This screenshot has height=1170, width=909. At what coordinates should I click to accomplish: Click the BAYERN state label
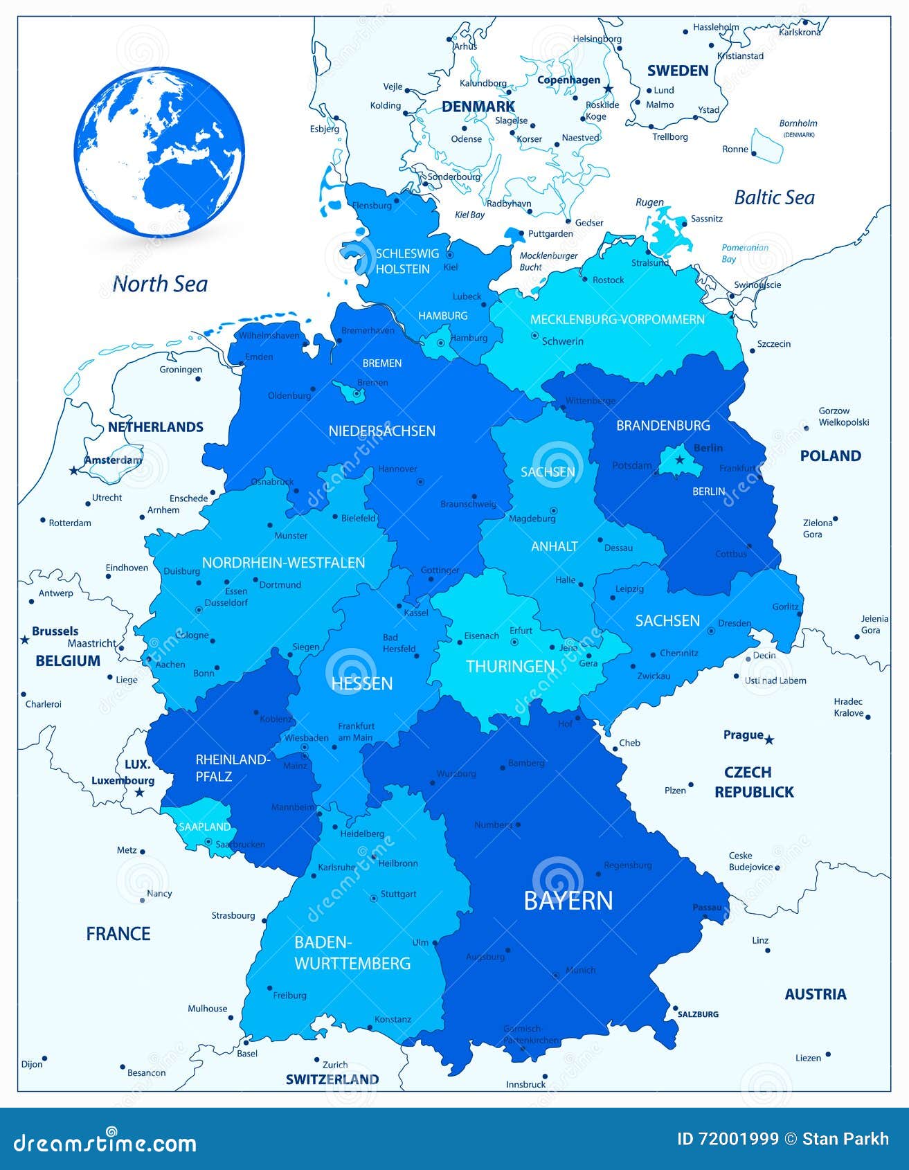pos(568,901)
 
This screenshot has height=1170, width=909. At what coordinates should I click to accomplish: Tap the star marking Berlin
pos(680,460)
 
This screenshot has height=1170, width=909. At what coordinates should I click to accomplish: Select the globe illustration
pos(159,152)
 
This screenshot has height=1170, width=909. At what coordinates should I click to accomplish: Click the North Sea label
pos(160,284)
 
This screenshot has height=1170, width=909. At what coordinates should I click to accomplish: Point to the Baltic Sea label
pos(774,198)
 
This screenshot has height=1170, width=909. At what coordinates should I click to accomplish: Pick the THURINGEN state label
pos(510,666)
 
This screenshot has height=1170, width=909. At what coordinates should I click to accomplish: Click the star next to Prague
pos(768,740)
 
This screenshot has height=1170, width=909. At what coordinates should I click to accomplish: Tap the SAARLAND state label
pos(204,827)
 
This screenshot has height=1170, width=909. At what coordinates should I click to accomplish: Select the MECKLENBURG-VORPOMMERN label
pos(617,319)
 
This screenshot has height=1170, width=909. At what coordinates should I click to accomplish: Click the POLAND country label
pos(830,456)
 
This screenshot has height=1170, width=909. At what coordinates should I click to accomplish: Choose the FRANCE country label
pos(118,934)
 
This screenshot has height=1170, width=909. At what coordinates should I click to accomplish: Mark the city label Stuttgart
pos(398,894)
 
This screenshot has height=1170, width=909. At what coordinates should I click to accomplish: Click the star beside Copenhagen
pos(608,89)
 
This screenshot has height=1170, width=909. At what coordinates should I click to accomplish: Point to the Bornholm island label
pos(798,123)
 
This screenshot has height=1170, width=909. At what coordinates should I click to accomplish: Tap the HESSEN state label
pos(362,683)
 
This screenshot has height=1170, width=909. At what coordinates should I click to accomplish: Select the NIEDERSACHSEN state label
pos(381,431)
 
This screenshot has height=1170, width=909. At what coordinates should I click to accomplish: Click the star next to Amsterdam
pos(73,471)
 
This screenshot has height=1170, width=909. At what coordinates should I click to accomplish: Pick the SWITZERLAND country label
pos(332,1079)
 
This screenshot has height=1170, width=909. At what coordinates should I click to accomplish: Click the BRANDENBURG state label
pos(663,425)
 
